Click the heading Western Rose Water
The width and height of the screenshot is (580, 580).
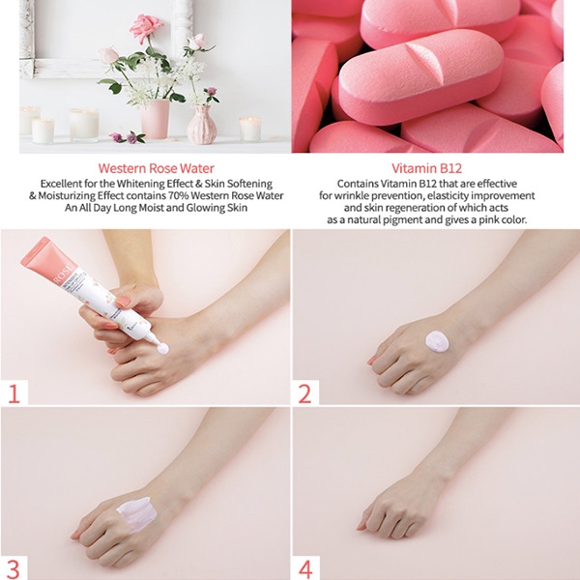[x=156, y=168]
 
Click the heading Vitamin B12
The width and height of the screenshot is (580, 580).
[x=427, y=168]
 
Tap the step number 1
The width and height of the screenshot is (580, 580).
[x=14, y=393]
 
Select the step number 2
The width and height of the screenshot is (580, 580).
[x=304, y=393]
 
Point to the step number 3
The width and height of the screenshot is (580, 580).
[x=13, y=569]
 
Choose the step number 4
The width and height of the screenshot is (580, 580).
[x=305, y=569]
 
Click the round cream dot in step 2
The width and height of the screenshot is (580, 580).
[x=437, y=341]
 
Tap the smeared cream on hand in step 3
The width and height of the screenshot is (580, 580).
[x=136, y=514]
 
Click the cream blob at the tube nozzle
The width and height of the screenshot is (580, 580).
[x=162, y=348]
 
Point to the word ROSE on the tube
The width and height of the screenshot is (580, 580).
[x=65, y=275]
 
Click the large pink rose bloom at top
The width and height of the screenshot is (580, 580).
[x=146, y=27]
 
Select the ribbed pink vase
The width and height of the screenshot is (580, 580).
[x=202, y=125]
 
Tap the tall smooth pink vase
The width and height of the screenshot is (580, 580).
[x=156, y=118]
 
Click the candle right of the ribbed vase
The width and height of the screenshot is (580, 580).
[x=250, y=130]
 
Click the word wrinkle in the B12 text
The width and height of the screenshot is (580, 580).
[x=352, y=195]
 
